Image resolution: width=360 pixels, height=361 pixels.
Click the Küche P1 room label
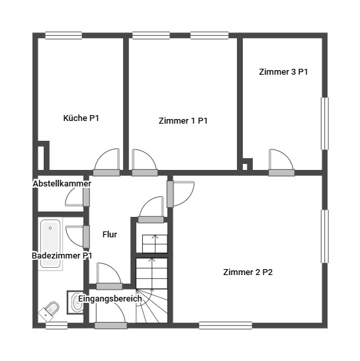click(81, 118)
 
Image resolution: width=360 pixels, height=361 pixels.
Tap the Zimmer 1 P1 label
click(183, 121)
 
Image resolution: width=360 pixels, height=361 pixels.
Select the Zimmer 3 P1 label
click(283, 72)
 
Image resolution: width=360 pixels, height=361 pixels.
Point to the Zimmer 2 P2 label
click(247, 272)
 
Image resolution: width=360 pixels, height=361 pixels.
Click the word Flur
click(110, 235)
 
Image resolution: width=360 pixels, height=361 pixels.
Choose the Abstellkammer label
click(62, 184)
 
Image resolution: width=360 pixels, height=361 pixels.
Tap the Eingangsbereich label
click(110, 299)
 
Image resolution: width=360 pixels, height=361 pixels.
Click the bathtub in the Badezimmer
click(50, 244)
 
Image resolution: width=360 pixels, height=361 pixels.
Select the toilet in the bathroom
click(48, 311)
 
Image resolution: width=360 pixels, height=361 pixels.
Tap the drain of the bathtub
click(50, 228)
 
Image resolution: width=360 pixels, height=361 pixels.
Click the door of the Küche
click(107, 162)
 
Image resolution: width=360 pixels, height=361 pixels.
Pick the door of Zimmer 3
click(281, 163)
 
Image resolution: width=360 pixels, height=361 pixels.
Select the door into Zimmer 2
click(181, 194)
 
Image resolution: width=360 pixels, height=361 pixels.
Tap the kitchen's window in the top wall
click(64, 36)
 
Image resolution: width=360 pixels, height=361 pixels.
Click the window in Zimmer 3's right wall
click(325, 124)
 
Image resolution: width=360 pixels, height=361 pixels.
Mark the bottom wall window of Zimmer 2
click(226, 325)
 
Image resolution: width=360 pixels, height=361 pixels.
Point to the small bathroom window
click(56, 325)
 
